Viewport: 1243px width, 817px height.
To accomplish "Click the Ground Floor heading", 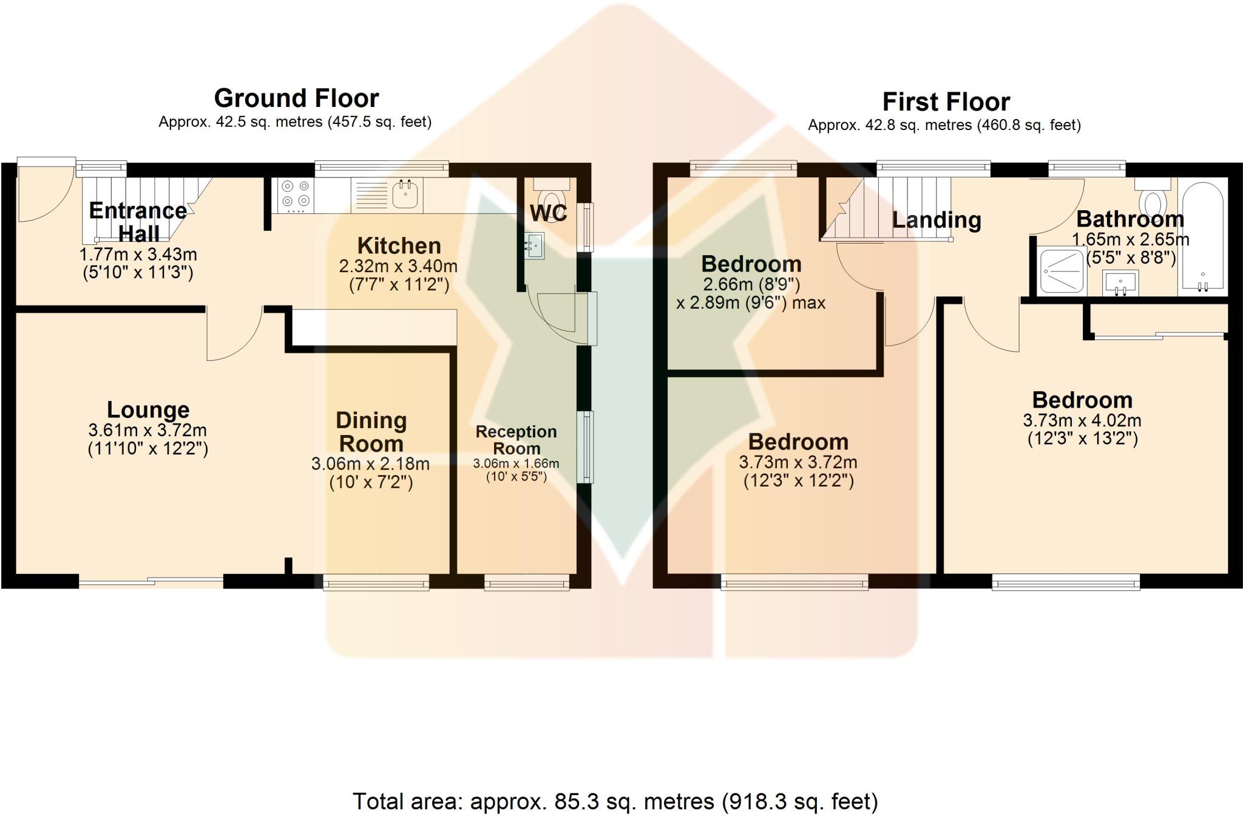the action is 296,98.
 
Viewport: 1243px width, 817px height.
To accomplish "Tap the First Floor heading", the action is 946,102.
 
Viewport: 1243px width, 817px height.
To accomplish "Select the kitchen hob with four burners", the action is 296,194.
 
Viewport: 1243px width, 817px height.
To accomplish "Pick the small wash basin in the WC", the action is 534,245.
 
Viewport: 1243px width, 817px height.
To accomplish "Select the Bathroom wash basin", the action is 1120,284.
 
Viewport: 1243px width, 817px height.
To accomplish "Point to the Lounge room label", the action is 148,410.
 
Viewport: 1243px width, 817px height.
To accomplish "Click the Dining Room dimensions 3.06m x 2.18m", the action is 370,464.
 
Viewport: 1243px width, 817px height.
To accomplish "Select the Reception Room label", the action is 516,440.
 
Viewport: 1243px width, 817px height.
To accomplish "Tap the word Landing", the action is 936,220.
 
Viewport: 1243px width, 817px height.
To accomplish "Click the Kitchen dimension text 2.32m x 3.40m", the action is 398,266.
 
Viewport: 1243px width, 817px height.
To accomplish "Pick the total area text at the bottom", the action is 615,802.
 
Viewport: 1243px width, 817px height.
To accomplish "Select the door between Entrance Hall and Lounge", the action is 235,335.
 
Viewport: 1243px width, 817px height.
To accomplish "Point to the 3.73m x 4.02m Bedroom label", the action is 1082,400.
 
